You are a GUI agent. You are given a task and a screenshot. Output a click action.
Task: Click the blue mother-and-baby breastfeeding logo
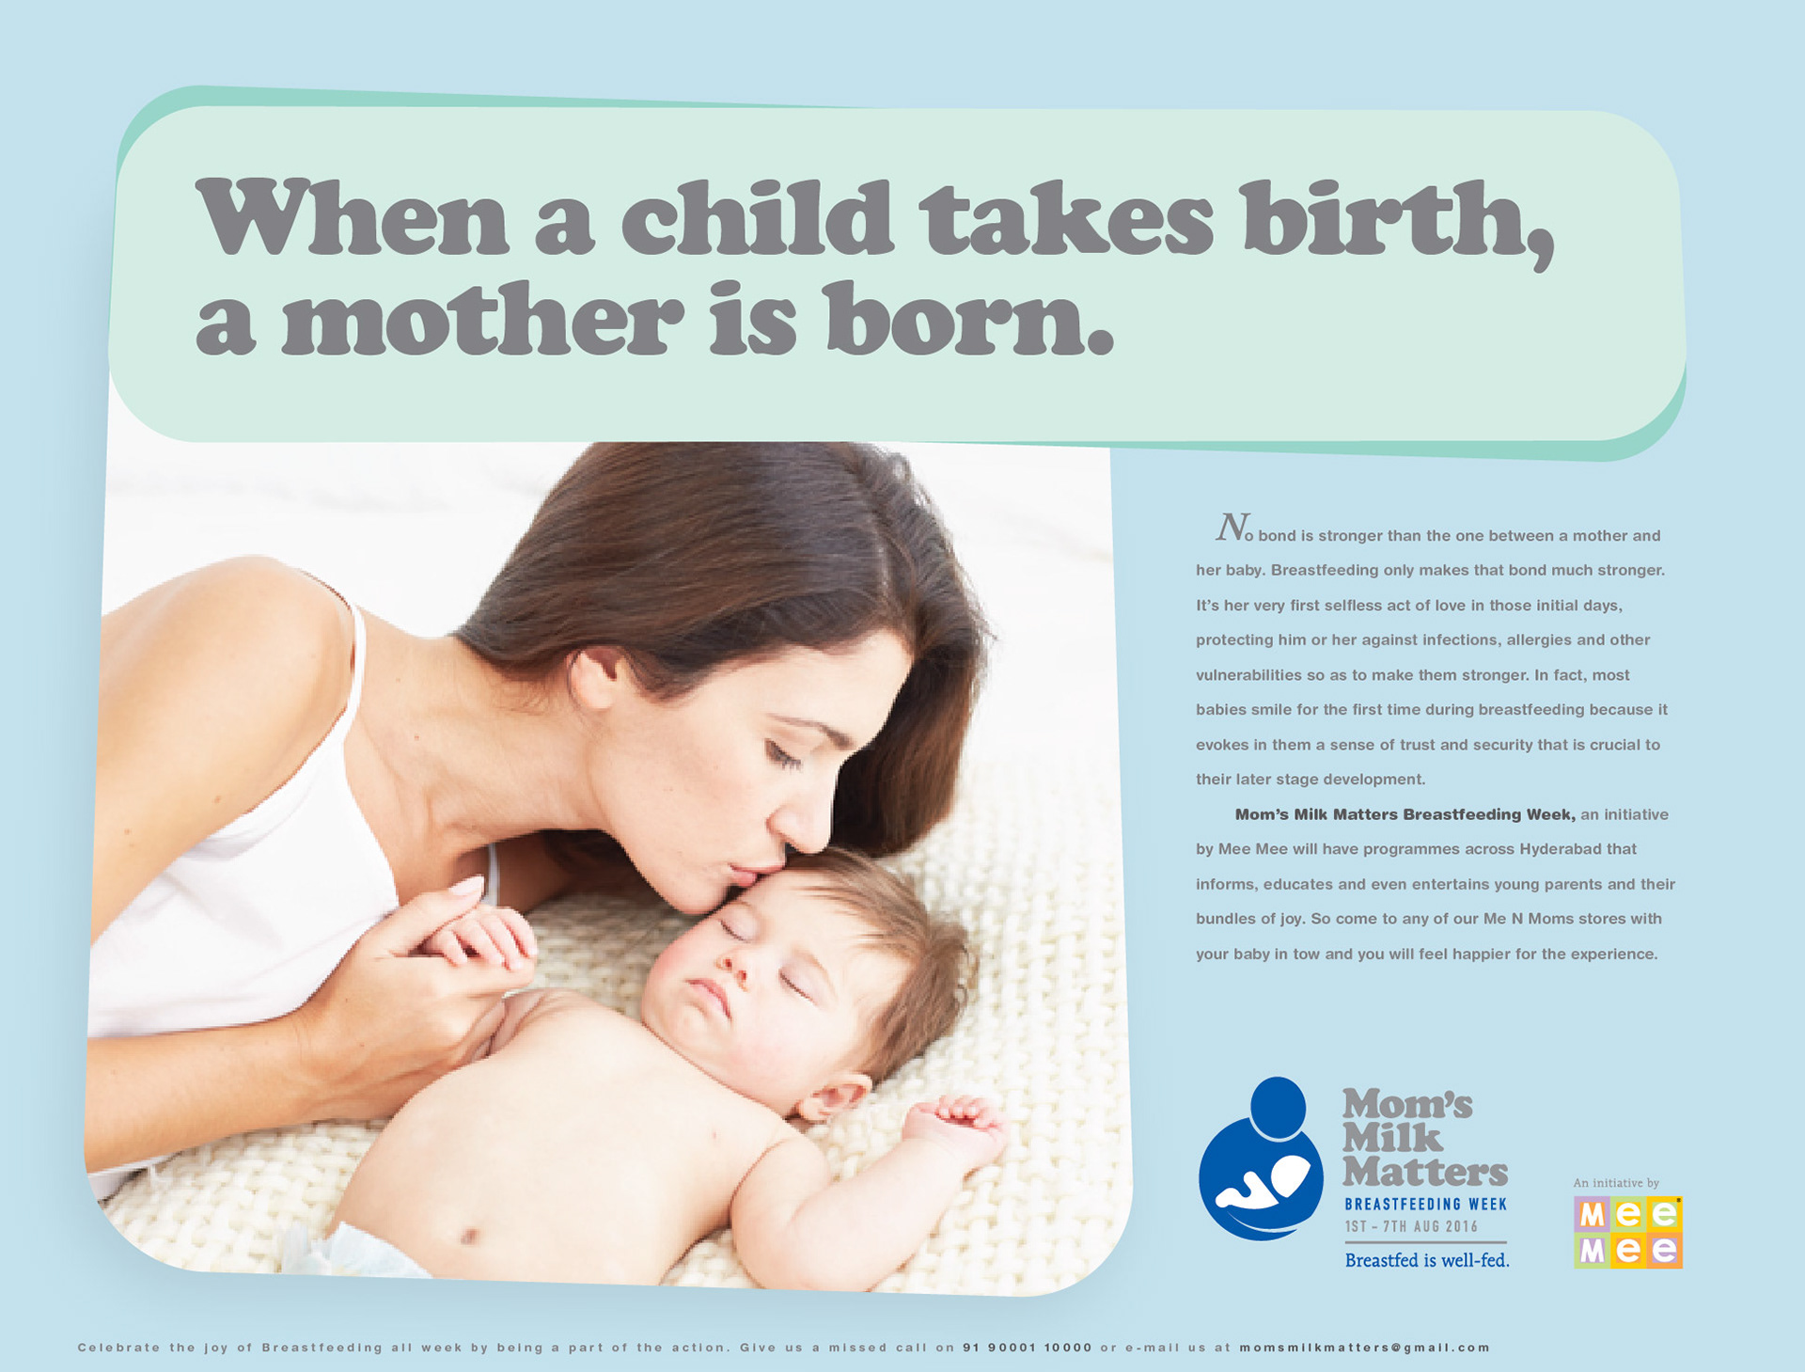pyautogui.click(x=1261, y=1159)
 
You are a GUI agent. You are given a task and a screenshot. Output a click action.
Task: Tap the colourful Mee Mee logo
pyautogui.click(x=1628, y=1232)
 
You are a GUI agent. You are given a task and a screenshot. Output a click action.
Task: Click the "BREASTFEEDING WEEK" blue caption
pyautogui.click(x=1425, y=1205)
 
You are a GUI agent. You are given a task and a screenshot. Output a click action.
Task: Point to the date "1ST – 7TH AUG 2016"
pyautogui.click(x=1411, y=1227)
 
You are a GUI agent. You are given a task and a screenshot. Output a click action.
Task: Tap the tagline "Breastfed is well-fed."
pyautogui.click(x=1427, y=1260)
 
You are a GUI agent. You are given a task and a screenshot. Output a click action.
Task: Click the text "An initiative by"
pyautogui.click(x=1616, y=1183)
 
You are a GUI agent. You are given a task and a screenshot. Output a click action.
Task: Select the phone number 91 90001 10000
pyautogui.click(x=1028, y=1348)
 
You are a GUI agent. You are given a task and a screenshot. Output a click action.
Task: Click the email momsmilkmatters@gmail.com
pyautogui.click(x=1365, y=1348)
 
